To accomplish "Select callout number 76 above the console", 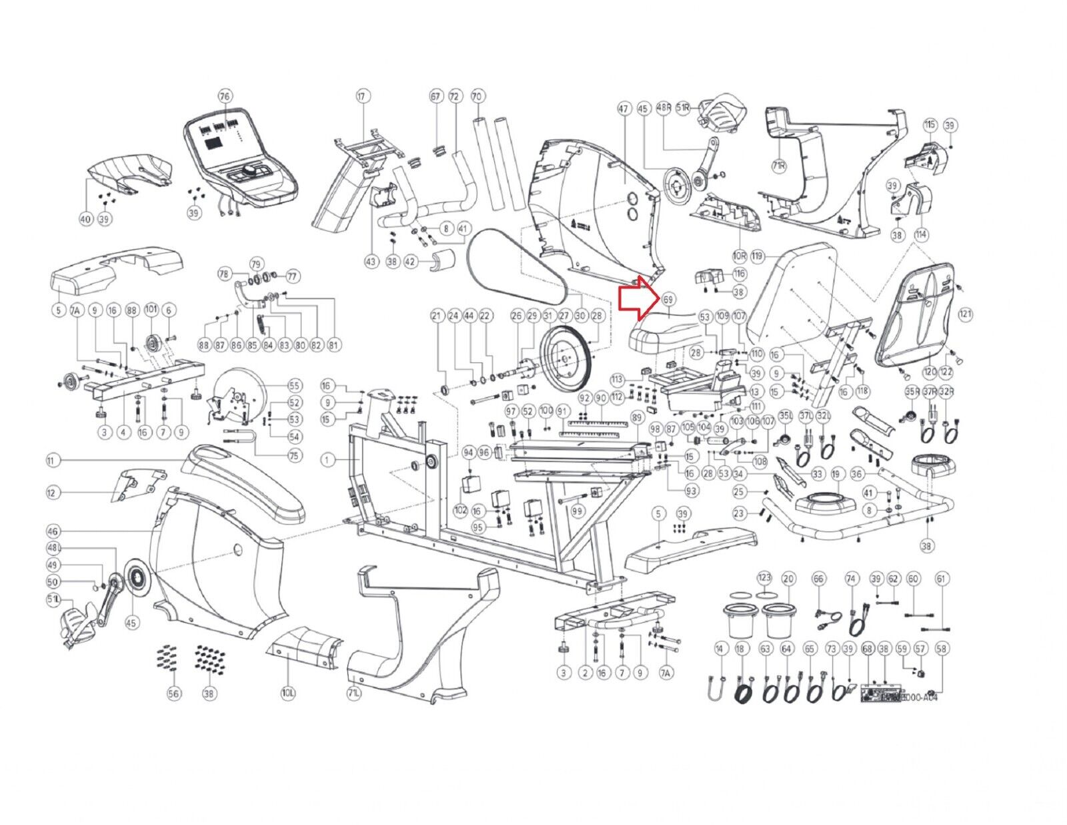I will point(225,96).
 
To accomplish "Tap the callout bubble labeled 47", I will point(624,109).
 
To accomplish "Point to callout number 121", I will point(966,314).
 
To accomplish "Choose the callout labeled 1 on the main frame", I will point(327,459).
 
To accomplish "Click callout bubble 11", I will point(53,461).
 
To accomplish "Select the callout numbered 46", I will point(53,531).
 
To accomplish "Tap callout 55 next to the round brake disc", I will point(294,386).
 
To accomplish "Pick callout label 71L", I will point(354,694).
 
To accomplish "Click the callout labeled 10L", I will point(288,694).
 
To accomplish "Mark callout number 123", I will point(764,578).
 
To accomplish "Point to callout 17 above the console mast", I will point(362,96).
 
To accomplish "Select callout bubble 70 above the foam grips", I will point(477,96).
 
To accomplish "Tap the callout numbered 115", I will point(930,125).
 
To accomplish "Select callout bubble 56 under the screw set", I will point(174,694).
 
